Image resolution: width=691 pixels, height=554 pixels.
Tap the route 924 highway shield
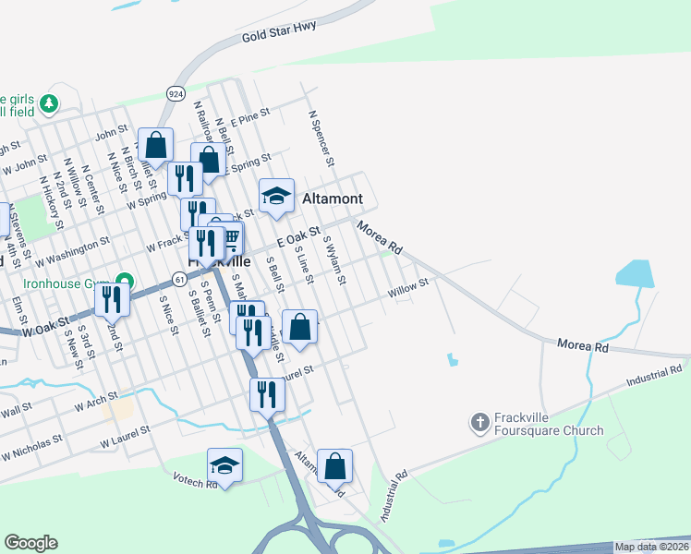click(175, 92)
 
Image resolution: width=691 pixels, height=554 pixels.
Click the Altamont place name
click(333, 199)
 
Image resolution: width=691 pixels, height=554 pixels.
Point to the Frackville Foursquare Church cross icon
click(479, 423)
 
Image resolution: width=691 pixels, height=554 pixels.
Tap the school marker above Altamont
click(276, 196)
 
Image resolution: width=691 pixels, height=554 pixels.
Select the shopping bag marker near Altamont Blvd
click(334, 466)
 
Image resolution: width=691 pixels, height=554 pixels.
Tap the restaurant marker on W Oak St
click(111, 297)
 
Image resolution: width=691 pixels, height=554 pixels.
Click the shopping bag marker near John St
click(156, 145)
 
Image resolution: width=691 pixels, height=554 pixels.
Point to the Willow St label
click(409, 289)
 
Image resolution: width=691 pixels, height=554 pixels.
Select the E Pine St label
click(249, 118)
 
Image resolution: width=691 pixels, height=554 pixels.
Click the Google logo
click(30, 543)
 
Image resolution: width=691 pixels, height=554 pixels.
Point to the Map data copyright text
click(650, 547)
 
